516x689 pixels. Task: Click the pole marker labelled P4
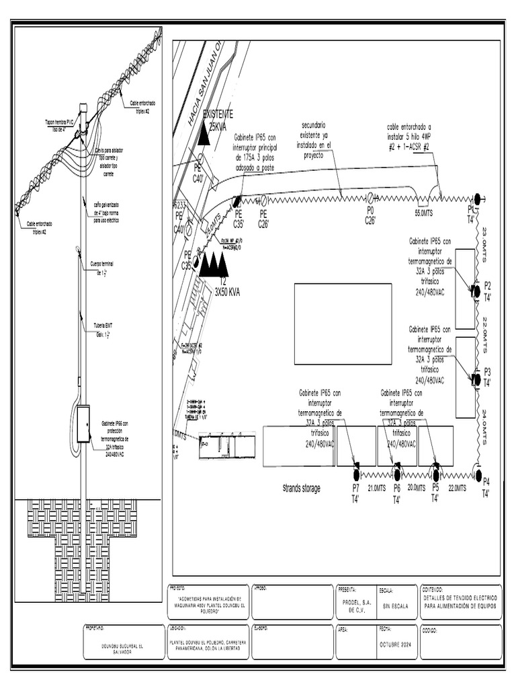(x=478, y=476)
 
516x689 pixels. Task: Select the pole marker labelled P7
(x=356, y=466)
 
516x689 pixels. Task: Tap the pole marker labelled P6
(x=396, y=466)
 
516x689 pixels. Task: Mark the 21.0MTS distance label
(x=376, y=488)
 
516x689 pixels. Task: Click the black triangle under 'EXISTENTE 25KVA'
(x=203, y=136)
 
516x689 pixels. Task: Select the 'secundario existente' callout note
(x=313, y=140)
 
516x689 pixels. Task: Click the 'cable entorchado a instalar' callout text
(x=408, y=136)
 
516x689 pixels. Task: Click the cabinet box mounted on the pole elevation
(x=83, y=424)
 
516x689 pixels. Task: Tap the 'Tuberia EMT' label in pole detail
(x=103, y=329)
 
